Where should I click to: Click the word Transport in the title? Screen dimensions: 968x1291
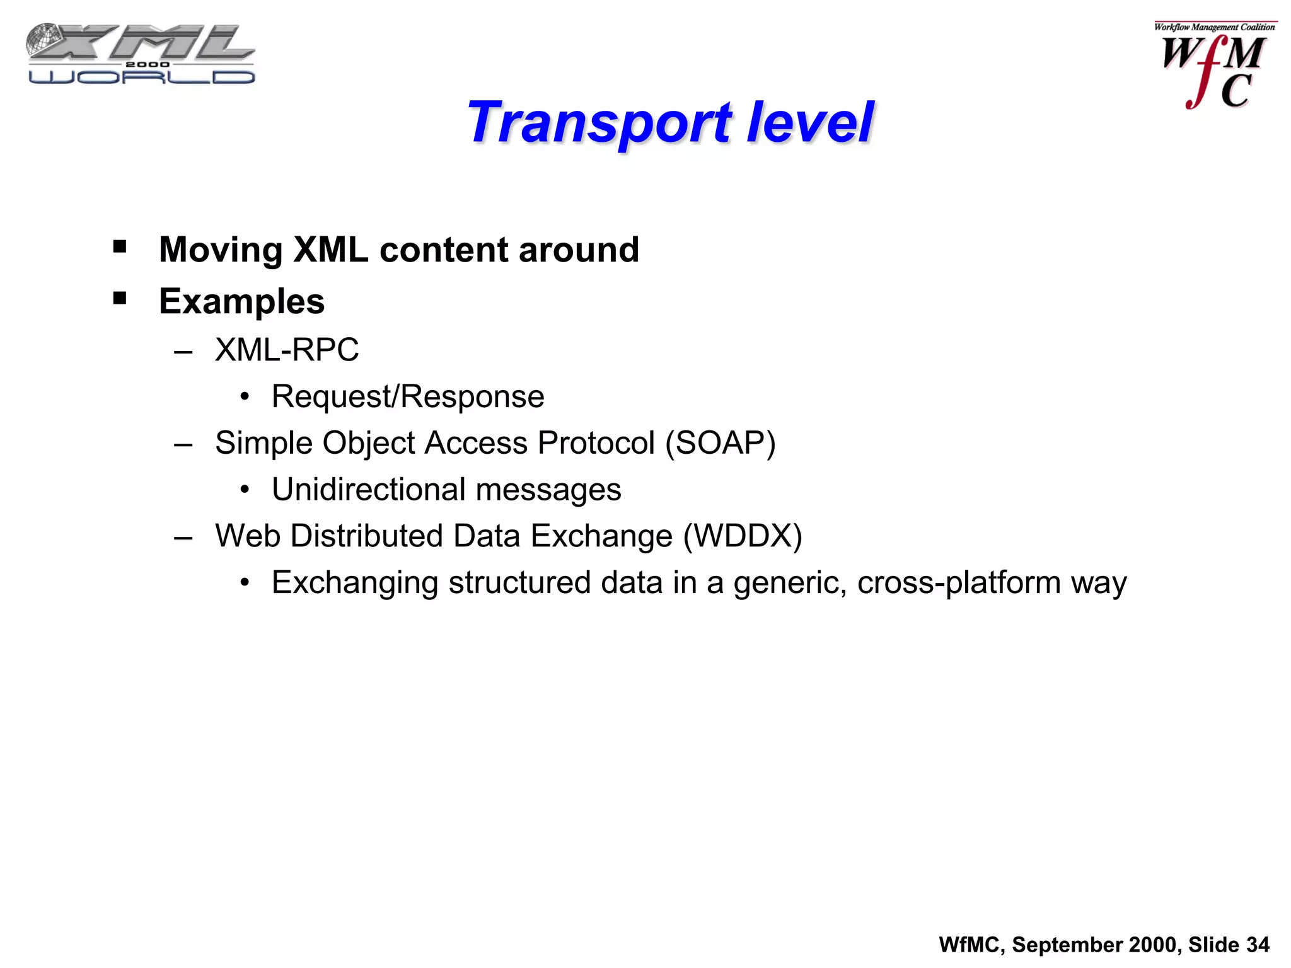coord(599,123)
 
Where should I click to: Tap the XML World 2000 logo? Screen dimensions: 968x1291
coord(141,54)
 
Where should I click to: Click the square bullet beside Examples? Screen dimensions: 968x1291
coord(120,297)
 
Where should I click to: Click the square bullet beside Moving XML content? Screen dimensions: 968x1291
coord(120,246)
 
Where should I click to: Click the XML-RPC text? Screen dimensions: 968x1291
coord(287,350)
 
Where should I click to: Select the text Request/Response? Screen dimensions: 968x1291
coord(408,397)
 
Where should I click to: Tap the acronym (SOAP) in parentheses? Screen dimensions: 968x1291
coord(721,443)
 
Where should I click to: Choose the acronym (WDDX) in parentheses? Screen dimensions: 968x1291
coord(743,536)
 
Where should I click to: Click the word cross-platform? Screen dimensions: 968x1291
coord(958,583)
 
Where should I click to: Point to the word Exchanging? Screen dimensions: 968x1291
coord(355,583)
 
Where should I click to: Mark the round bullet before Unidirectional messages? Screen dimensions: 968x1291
coord(245,490)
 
